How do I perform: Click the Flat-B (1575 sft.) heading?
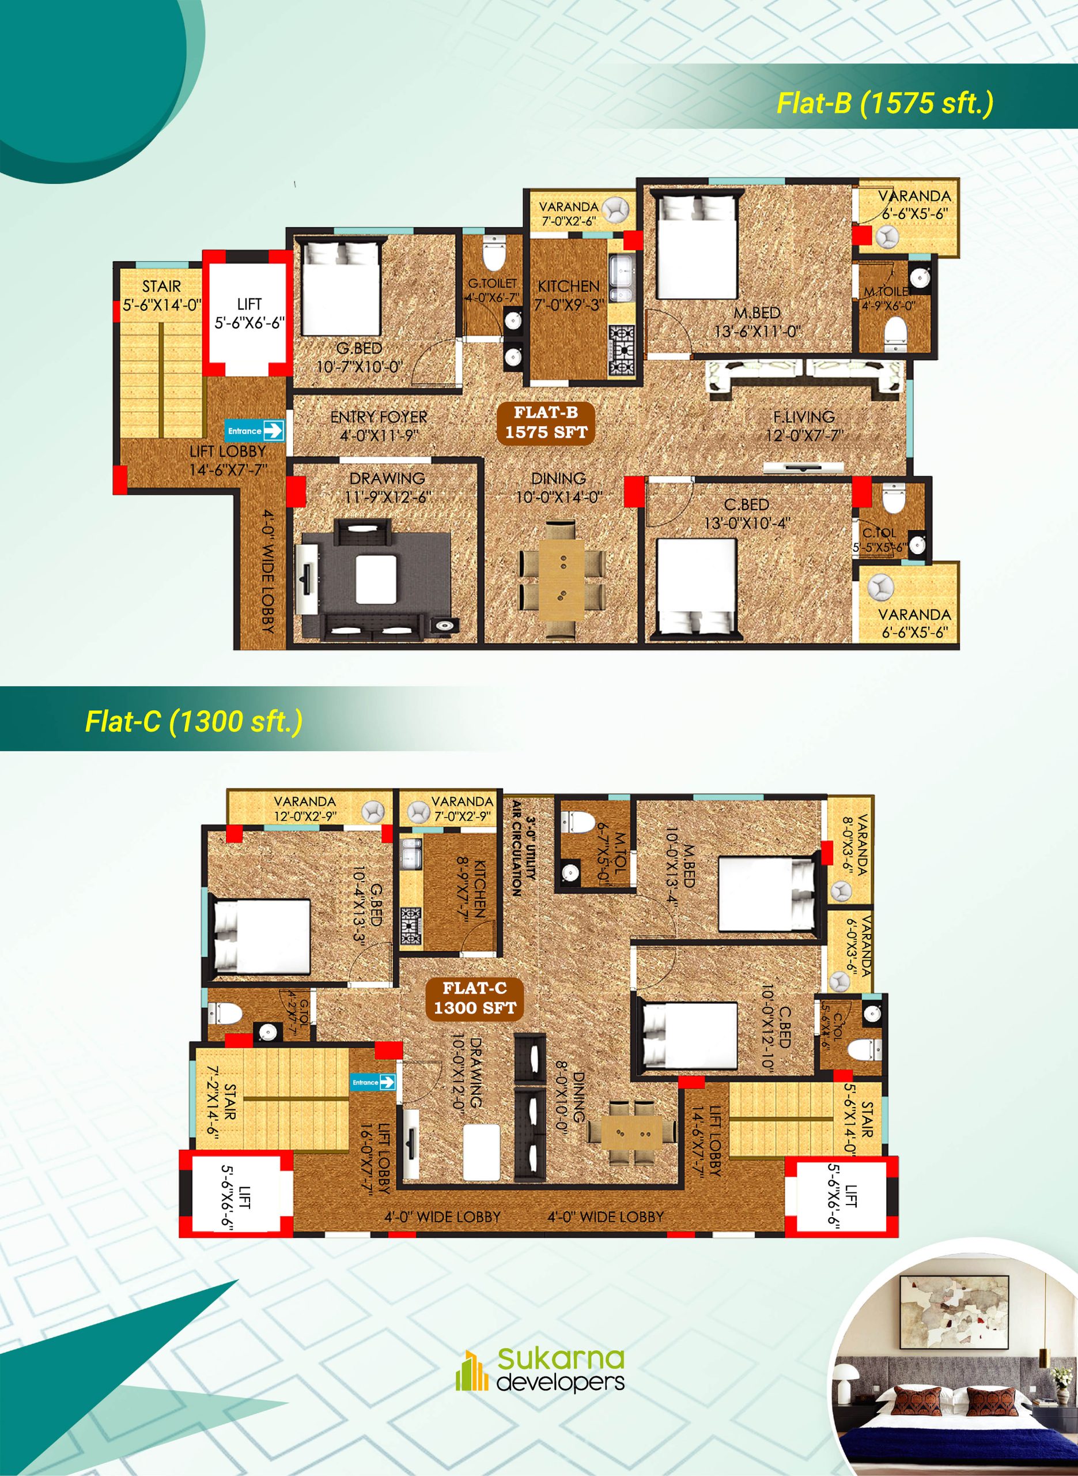(884, 103)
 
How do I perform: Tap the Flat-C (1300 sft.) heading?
(194, 721)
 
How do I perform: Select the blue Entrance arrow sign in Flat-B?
(255, 431)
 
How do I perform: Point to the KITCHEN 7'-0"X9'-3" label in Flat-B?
(568, 295)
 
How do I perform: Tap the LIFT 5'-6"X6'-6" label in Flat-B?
(249, 312)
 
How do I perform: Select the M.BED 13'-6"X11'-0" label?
(757, 322)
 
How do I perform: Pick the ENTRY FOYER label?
(379, 426)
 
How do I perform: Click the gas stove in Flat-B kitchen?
(621, 350)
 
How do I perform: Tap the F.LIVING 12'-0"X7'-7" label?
(804, 425)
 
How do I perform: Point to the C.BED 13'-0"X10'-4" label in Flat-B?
(747, 513)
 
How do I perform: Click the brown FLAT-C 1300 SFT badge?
(474, 997)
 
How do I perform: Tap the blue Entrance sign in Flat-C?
(373, 1082)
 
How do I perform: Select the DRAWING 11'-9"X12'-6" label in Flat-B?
(387, 487)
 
